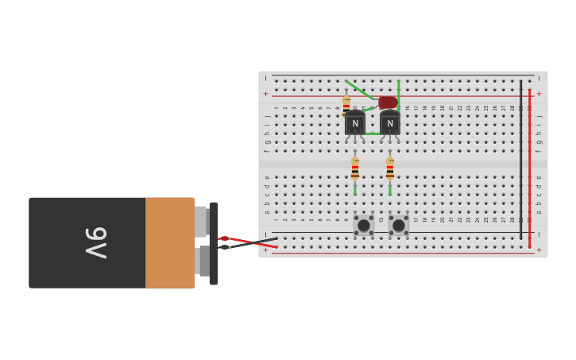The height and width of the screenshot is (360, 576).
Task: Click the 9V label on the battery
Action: tap(95, 242)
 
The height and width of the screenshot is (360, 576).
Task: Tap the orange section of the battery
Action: tap(169, 242)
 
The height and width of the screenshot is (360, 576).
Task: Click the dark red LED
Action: tap(388, 103)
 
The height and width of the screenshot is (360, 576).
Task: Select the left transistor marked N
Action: tap(355, 123)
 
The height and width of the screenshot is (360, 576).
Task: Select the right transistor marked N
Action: tap(390, 123)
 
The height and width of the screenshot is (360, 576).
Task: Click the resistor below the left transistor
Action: tap(355, 168)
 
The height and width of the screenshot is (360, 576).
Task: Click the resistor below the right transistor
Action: tap(390, 168)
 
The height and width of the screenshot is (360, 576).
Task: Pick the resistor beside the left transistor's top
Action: tap(346, 106)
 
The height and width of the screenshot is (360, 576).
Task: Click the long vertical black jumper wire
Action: tap(521, 159)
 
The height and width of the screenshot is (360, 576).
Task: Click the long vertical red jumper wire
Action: tap(530, 167)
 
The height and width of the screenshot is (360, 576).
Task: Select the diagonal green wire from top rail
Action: tap(358, 90)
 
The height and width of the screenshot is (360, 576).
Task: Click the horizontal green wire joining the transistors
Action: tap(373, 134)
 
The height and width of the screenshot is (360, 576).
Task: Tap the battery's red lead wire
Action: tap(253, 242)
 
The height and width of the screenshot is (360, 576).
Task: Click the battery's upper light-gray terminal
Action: tap(200, 222)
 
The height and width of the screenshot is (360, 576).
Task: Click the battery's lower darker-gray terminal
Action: tap(203, 261)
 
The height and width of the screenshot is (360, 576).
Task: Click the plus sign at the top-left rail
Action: tap(265, 94)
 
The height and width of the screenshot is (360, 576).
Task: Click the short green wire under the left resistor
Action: tap(355, 189)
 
